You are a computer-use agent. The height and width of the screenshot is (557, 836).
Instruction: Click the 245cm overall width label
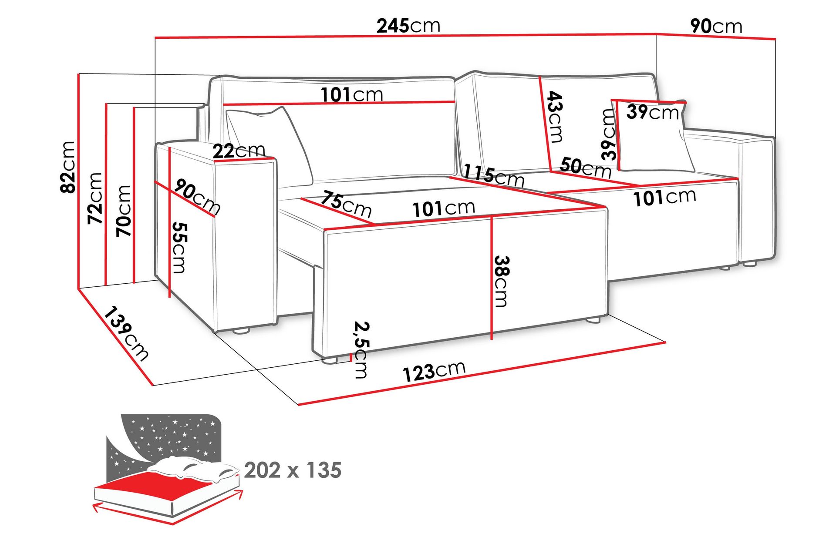click(408, 26)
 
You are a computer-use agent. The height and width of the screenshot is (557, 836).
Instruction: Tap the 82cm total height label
click(68, 167)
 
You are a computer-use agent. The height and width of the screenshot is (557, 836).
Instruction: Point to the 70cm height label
click(124, 211)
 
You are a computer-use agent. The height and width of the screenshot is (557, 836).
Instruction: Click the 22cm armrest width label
click(239, 151)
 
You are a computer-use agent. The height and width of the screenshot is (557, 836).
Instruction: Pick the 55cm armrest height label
click(179, 248)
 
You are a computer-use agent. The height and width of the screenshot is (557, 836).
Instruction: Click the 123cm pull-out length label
click(434, 371)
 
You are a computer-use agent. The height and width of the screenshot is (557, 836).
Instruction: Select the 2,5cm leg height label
click(361, 349)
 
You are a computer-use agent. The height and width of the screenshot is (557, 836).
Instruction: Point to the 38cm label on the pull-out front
click(501, 281)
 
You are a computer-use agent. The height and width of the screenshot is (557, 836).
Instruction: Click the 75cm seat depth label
click(346, 204)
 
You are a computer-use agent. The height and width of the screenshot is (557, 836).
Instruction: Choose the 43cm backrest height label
click(555, 117)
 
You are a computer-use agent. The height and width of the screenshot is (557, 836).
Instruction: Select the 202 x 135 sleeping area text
click(293, 470)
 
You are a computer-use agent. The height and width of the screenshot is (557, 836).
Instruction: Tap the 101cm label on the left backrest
click(352, 94)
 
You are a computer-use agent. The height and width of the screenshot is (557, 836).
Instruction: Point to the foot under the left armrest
click(240, 331)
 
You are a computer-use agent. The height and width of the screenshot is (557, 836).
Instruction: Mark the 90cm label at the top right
click(716, 27)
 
